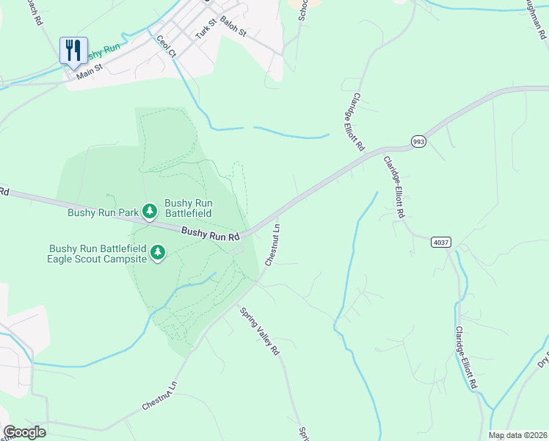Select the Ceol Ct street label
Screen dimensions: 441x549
pyautogui.click(x=166, y=46)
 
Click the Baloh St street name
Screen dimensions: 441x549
pyautogui.click(x=233, y=30)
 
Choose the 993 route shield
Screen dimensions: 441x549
pyautogui.click(x=418, y=141)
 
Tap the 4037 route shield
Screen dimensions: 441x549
pyautogui.click(x=440, y=242)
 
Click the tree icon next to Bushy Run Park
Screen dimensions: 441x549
pyautogui.click(x=150, y=212)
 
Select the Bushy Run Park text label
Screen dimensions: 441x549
pyautogui.click(x=103, y=213)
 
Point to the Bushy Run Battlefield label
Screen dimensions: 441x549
pyautogui.click(x=188, y=208)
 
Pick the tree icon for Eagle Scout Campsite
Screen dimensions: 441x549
pyautogui.click(x=157, y=253)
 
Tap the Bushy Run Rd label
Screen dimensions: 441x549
pyautogui.click(x=211, y=234)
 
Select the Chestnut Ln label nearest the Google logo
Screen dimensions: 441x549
pyautogui.click(x=160, y=396)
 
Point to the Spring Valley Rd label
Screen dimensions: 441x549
pyautogui.click(x=261, y=331)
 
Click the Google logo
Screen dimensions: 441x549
pyautogui.click(x=24, y=432)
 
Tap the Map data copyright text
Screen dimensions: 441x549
pyautogui.click(x=518, y=435)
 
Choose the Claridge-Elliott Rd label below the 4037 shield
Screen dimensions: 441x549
pyautogui.click(x=467, y=359)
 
